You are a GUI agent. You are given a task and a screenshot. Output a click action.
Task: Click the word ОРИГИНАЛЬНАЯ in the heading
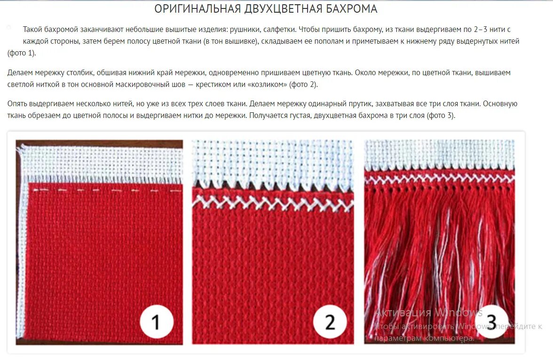click(198, 9)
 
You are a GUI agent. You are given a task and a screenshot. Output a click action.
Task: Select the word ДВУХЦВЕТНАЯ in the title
click(282, 9)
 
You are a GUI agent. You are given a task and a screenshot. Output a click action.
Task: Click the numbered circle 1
click(157, 322)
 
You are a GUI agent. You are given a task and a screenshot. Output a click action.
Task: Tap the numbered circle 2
click(330, 322)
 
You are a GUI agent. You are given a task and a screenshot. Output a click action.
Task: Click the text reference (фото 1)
click(22, 53)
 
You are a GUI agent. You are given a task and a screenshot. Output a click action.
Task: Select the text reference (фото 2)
click(303, 85)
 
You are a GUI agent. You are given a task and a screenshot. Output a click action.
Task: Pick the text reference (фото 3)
click(441, 116)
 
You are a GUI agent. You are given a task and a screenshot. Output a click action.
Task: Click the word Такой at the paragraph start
click(32, 29)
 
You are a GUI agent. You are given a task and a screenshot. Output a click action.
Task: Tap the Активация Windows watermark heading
click(428, 313)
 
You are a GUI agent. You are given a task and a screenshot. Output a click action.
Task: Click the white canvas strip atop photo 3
click(439, 153)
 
